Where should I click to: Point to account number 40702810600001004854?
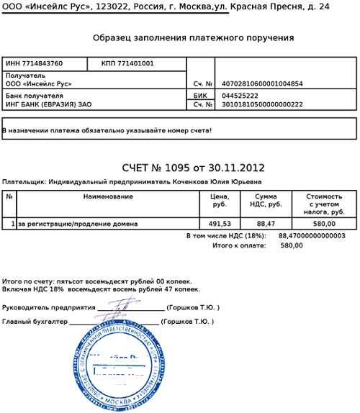click(262, 83)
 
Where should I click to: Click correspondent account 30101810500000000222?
click(262, 104)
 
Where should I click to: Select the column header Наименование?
click(108, 196)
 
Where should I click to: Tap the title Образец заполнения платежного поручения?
click(193, 37)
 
